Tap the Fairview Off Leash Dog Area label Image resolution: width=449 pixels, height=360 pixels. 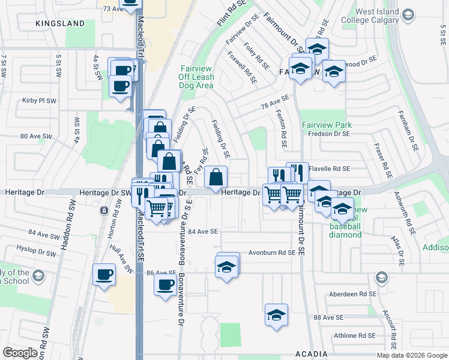tap(196, 77)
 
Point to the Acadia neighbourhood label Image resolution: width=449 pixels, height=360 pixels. tap(310, 353)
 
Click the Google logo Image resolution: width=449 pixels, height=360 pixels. tap(20, 353)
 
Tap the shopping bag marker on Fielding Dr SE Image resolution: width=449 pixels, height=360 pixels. tap(215, 178)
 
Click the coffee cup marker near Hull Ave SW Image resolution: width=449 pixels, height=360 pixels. tap(104, 275)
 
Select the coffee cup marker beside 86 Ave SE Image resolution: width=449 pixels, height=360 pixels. tap(165, 286)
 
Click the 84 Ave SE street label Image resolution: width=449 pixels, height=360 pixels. tap(203, 231)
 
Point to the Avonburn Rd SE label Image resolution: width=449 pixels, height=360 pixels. tap(273, 253)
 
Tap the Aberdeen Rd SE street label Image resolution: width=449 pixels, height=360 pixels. tap(352, 295)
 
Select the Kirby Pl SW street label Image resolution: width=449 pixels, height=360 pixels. tap(39, 101)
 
